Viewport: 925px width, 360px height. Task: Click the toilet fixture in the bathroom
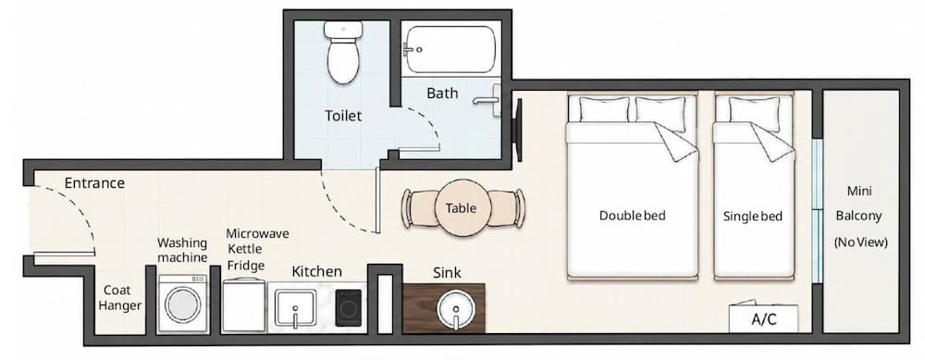(344, 52)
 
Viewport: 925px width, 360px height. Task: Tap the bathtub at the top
(450, 50)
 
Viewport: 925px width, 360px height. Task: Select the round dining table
(462, 207)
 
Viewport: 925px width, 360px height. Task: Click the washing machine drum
(183, 304)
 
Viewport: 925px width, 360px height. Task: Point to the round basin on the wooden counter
(455, 309)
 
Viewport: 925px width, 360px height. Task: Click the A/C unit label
(764, 320)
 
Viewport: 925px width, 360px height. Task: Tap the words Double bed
(633, 216)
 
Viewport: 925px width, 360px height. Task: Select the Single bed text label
(753, 217)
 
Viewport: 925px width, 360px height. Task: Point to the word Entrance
(94, 183)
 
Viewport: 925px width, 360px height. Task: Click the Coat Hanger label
(119, 298)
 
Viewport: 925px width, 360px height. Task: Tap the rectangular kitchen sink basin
(295, 307)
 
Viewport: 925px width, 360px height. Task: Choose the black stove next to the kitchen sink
(348, 307)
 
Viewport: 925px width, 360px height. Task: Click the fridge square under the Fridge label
(243, 304)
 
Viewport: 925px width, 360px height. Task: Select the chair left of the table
(418, 208)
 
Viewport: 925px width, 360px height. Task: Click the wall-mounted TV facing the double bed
(519, 130)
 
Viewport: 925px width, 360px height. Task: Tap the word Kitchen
(317, 271)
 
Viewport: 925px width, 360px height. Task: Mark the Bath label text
(442, 93)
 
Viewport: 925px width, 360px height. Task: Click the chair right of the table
(508, 207)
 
